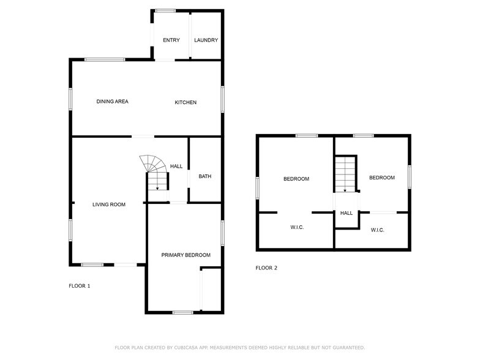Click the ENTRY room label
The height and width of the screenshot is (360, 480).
pos(171,40)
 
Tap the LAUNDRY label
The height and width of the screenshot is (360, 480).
pos(206,40)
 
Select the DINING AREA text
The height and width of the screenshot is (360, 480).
pos(112,102)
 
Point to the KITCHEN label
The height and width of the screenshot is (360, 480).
pos(186,102)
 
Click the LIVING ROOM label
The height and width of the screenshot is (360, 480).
pos(109,204)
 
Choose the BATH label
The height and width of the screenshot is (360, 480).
pos(204,177)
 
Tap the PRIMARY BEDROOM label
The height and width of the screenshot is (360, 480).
pos(186,255)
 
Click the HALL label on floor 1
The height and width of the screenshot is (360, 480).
pos(176,166)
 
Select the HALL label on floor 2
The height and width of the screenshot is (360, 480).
pos(347,213)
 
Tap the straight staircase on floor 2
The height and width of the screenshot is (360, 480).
pos(345,173)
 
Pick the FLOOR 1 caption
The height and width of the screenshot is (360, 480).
pos(79,286)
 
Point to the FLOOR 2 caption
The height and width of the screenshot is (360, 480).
pos(266,268)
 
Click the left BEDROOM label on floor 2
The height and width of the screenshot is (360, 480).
pos(296,179)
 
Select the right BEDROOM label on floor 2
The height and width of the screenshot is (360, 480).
pos(381,178)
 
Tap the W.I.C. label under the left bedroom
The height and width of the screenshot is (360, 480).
pos(297,227)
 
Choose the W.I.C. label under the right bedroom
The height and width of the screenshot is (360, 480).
pos(377,230)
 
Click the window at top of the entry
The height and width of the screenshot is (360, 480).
pos(165,10)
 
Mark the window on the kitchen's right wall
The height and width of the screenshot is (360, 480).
pos(223,99)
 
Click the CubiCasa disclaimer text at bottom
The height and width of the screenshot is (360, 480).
pos(239,347)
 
